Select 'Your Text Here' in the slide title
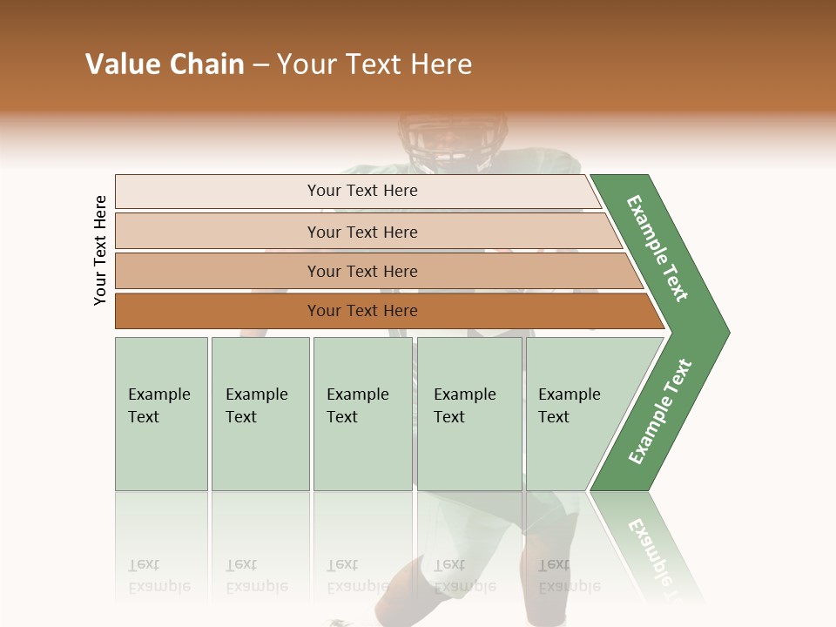click(x=374, y=64)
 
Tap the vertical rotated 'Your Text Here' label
click(x=100, y=250)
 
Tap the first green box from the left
click(x=161, y=414)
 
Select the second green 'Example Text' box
click(x=260, y=414)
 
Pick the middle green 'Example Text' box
click(x=362, y=414)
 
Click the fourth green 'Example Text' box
click(x=469, y=414)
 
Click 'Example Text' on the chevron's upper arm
click(x=657, y=248)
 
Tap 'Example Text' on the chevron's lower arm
click(x=660, y=411)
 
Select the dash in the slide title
click(x=260, y=65)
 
